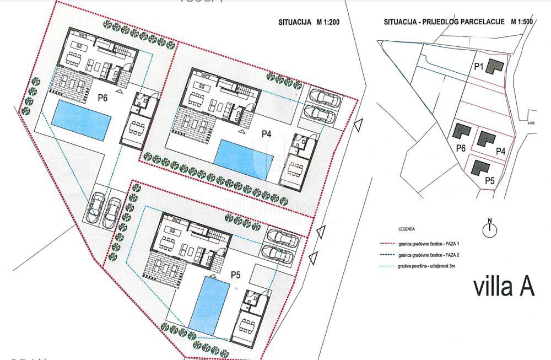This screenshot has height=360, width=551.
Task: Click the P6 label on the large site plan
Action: (103, 98)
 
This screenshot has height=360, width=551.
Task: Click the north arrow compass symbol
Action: (489, 229)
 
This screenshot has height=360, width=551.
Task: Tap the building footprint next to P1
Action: (496, 66)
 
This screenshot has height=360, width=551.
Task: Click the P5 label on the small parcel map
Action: (489, 180)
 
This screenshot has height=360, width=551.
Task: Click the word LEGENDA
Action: (407, 228)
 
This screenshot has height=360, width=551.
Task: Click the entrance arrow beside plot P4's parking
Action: (359, 126)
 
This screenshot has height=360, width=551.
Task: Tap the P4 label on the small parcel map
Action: (501, 151)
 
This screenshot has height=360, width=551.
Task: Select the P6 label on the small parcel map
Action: (461, 148)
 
